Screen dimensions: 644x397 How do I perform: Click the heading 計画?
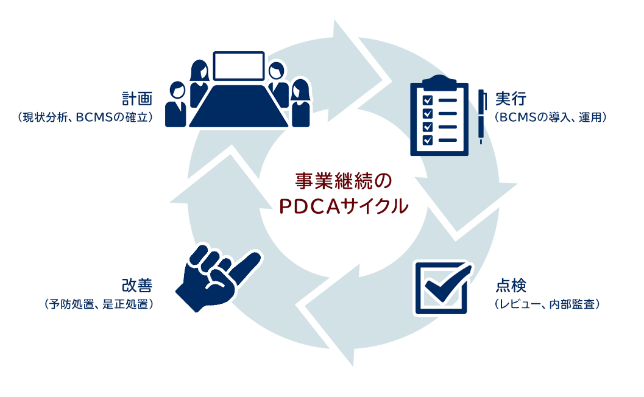pos(137,99)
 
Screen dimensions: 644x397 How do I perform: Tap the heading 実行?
pos(511,99)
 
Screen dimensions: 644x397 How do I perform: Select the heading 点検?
pos(511,286)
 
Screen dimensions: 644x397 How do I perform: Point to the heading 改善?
pos(137,286)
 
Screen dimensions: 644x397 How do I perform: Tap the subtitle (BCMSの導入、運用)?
pos(551,118)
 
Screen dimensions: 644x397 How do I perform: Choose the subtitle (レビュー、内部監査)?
pos(547,304)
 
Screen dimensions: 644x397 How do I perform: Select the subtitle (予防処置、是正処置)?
pos(99,304)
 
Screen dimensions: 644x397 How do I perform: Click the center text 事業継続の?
pos(344,181)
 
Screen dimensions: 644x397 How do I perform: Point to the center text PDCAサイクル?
pos(344,206)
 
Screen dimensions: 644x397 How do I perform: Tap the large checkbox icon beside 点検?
pos(443,288)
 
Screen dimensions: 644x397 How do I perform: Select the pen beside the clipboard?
pos(481,116)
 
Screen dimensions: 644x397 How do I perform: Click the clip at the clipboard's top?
pos(439,83)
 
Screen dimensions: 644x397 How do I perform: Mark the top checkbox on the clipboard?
pos(428,100)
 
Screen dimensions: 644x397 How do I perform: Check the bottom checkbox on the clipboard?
pos(428,140)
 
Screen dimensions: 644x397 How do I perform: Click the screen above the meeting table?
pos(239,66)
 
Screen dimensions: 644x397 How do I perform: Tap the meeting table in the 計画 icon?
pos(239,106)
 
